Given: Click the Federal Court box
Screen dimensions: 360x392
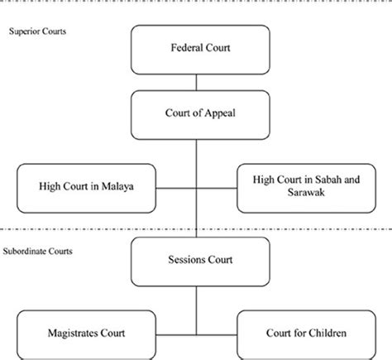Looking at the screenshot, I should coord(195,49).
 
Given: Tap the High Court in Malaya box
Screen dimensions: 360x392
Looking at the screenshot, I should coord(86,187).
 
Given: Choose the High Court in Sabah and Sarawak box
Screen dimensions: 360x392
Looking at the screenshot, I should coord(304,187).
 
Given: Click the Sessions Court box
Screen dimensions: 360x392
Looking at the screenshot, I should coord(195,259).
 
